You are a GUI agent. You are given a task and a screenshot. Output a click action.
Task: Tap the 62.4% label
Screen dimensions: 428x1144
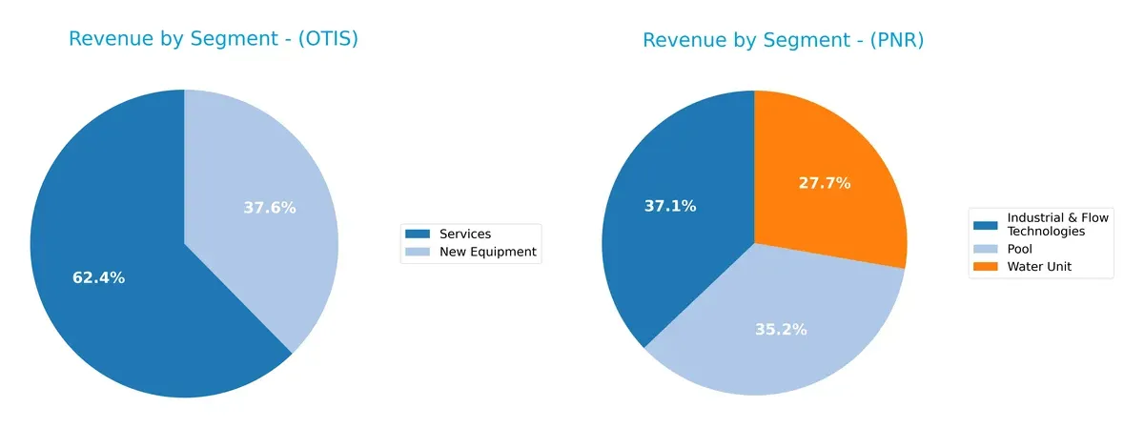98,278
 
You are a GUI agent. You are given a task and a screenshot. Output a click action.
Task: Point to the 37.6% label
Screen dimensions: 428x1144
270,208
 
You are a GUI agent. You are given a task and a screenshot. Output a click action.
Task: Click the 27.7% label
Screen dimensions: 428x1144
824,183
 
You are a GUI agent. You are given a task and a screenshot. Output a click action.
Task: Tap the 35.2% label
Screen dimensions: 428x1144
781,330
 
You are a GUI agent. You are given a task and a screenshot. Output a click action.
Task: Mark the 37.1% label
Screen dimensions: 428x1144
670,205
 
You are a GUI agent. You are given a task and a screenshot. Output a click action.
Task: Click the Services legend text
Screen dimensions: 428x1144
465,234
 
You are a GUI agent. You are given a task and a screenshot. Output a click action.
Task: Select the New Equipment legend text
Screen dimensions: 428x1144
487,253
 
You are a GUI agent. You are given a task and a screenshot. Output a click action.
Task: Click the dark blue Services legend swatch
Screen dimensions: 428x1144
418,234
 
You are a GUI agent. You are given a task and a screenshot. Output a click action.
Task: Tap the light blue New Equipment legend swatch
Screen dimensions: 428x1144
418,253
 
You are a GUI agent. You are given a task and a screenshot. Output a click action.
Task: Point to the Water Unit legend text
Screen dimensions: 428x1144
1039,267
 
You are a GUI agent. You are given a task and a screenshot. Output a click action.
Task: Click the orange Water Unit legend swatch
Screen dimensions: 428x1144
986,267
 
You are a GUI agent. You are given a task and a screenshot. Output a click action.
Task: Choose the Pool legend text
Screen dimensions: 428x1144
1021,249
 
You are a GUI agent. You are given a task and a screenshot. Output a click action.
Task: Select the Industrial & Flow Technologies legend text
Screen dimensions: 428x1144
1057,225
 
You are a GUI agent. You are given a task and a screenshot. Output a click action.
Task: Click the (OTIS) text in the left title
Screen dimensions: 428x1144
325,39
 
